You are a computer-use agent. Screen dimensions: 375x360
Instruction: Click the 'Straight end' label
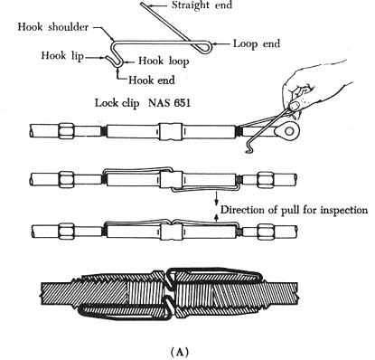(x=202, y=5)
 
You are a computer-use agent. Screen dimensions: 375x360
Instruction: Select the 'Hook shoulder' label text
(x=53, y=27)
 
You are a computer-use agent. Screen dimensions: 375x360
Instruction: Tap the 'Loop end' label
(x=257, y=43)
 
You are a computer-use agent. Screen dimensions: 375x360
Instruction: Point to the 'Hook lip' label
(x=62, y=56)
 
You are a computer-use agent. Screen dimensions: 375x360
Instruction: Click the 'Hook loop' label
(x=164, y=62)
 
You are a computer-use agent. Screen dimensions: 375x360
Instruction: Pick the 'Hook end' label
(x=152, y=80)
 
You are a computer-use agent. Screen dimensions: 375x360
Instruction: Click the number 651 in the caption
(x=182, y=103)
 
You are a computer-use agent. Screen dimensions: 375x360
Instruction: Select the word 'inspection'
(x=343, y=210)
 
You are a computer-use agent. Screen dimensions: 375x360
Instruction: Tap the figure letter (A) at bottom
(x=180, y=352)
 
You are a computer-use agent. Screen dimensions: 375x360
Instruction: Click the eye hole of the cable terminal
(x=289, y=131)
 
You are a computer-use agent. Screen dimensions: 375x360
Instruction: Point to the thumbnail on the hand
(x=295, y=106)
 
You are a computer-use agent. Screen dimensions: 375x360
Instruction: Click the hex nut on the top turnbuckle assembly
(x=67, y=131)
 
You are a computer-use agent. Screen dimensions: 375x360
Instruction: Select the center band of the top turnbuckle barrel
(x=170, y=132)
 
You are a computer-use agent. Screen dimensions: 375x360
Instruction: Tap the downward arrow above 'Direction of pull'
(x=216, y=197)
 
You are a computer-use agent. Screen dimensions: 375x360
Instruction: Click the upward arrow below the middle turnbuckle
(x=216, y=219)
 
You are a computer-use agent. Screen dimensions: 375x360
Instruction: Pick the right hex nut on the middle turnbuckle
(x=265, y=180)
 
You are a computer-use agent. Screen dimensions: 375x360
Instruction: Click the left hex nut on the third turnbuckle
(x=67, y=232)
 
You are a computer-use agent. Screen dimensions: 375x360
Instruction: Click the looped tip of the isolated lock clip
(x=209, y=44)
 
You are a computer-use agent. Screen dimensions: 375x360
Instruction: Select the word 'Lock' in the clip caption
(x=106, y=103)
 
